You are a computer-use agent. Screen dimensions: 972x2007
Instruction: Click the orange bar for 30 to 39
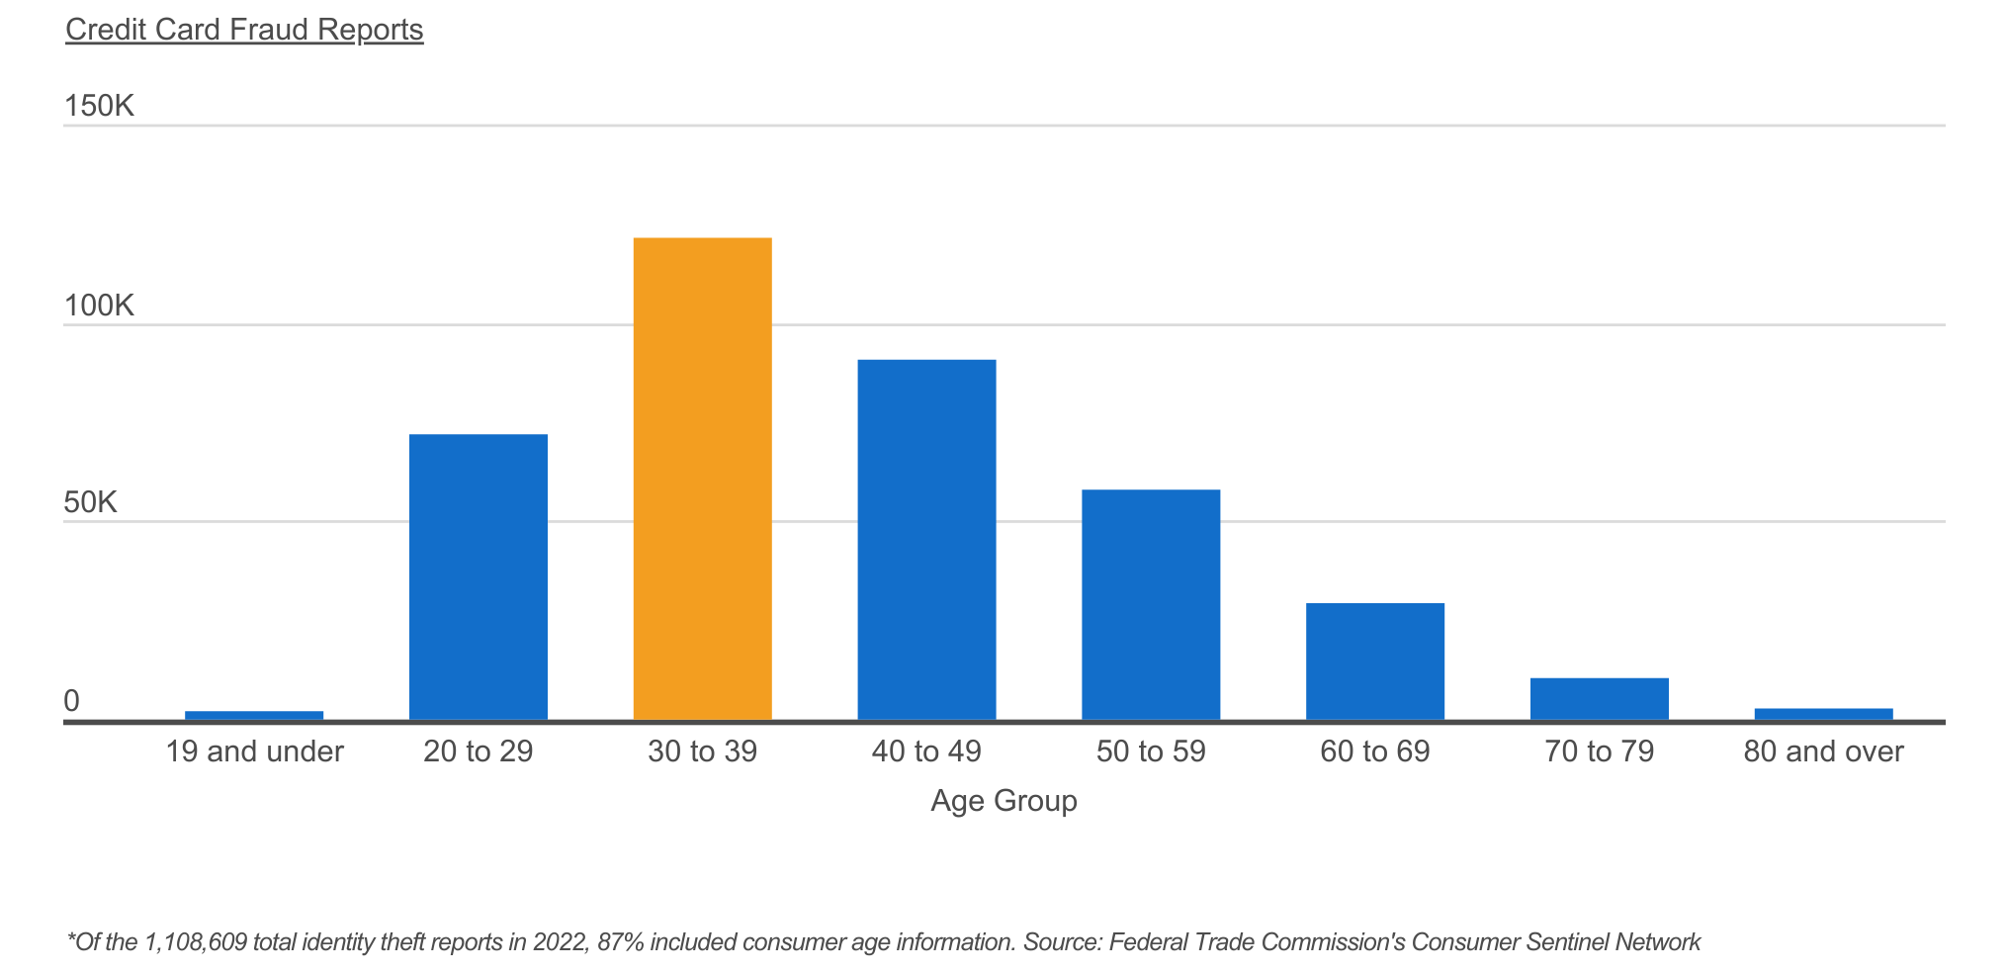coord(702,479)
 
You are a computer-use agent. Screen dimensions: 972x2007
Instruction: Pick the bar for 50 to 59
coord(1151,604)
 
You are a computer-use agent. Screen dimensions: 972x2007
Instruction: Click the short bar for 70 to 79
coord(1599,698)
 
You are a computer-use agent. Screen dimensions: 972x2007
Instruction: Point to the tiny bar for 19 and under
coord(254,715)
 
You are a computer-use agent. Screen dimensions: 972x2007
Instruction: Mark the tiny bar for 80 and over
coord(1823,714)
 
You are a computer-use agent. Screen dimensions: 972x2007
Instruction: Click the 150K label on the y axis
coord(99,106)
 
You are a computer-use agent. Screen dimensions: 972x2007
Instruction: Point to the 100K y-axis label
coord(99,306)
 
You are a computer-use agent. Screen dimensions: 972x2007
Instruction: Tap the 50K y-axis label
coord(91,502)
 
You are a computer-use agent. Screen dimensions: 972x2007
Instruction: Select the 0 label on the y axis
coord(71,701)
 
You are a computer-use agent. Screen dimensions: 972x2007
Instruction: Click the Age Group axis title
coord(1003,800)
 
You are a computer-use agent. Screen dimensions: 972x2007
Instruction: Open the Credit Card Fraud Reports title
coord(244,30)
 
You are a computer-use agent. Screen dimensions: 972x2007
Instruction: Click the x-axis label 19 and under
coord(254,751)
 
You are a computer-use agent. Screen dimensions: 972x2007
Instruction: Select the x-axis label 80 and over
coord(1823,751)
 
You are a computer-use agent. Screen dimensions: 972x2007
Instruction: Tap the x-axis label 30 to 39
coord(702,751)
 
